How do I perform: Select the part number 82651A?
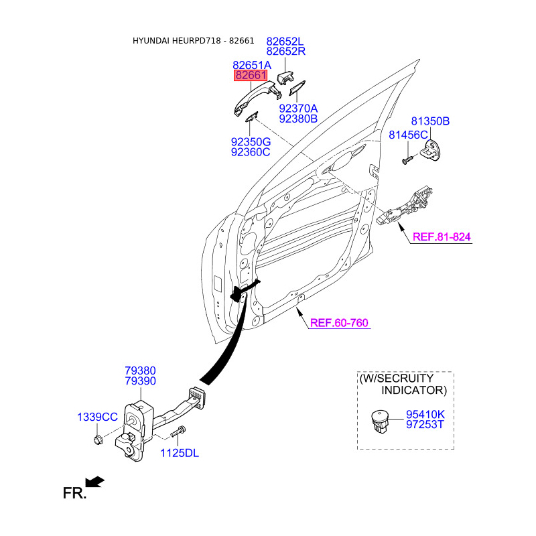point(252,65)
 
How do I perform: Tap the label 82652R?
point(285,51)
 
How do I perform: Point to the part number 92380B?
point(298,119)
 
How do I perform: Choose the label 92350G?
point(251,142)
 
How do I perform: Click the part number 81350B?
point(429,121)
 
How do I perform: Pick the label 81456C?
point(408,135)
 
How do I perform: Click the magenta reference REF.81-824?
point(442,237)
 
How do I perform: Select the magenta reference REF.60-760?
point(339,323)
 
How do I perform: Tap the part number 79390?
point(140,381)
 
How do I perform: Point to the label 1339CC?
point(97,417)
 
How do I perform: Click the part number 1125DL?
point(180,453)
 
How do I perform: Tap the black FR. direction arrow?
point(95,481)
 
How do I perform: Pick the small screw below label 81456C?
point(406,160)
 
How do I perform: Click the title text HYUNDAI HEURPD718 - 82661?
point(193,41)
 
